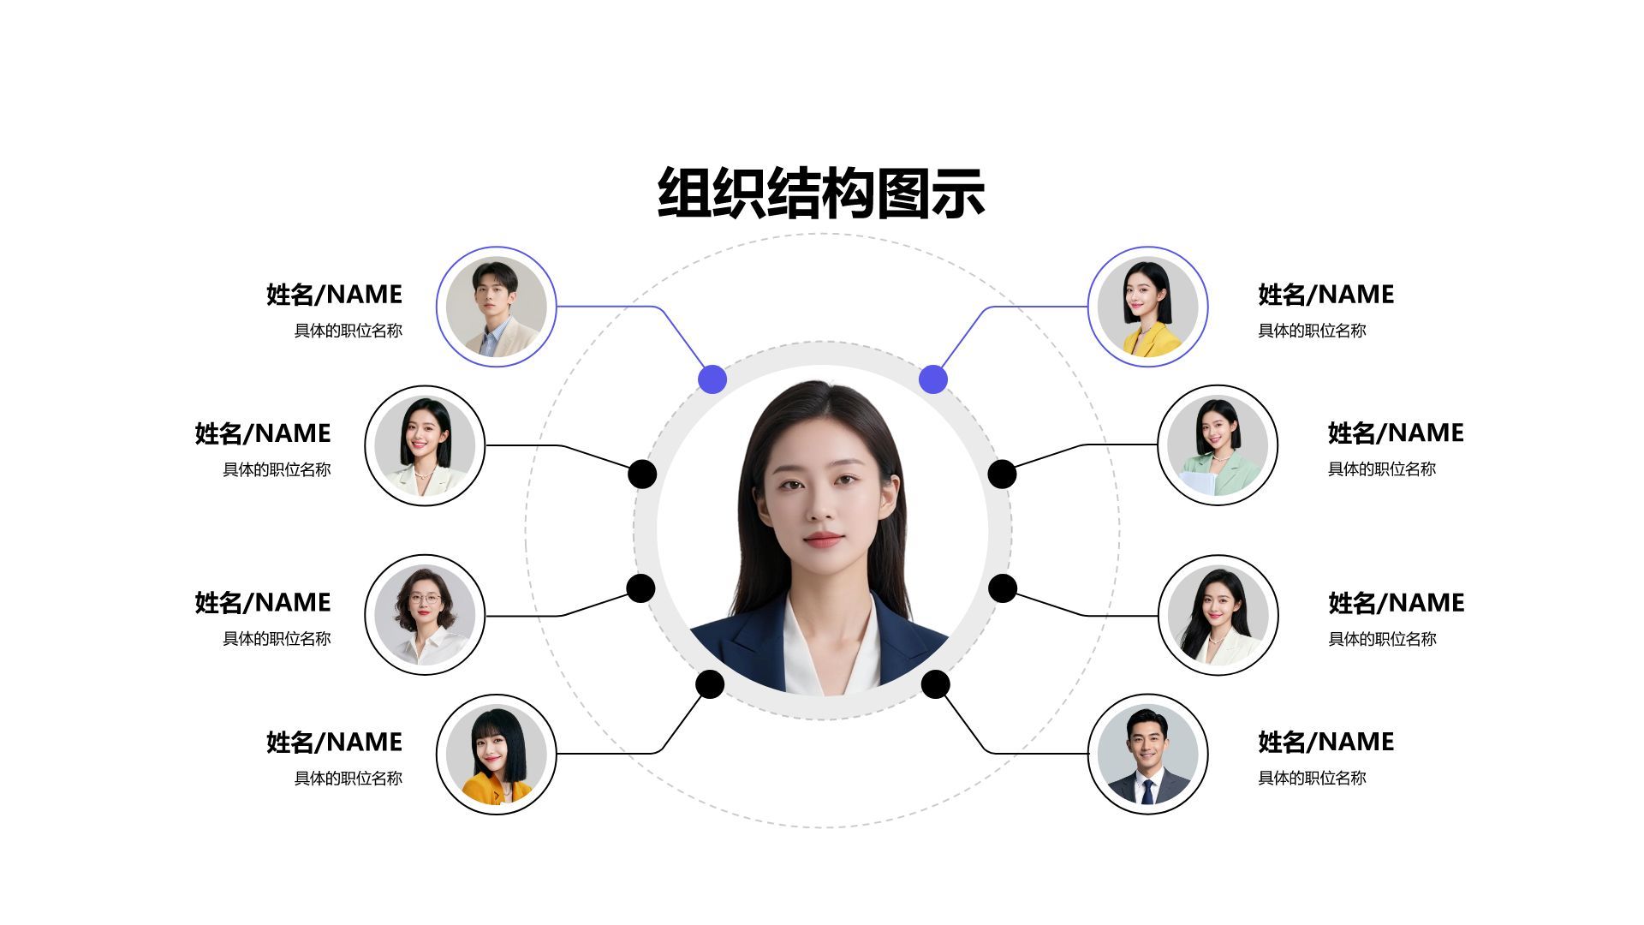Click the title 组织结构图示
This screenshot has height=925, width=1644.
tap(821, 193)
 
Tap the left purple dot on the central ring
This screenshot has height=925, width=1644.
tap(712, 379)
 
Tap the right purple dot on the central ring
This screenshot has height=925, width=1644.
tap(933, 379)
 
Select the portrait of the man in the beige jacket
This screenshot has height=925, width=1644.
tap(497, 307)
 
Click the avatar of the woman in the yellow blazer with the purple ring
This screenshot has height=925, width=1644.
tap(1147, 307)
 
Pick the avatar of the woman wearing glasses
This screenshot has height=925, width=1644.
tap(425, 615)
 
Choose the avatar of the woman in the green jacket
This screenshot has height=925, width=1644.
tap(1218, 445)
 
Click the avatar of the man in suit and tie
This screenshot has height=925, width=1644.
tap(1147, 754)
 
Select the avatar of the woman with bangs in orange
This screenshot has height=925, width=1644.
tap(497, 754)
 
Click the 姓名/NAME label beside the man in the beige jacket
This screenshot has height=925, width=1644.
tap(334, 295)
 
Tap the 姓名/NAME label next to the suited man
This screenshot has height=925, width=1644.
tap(1326, 742)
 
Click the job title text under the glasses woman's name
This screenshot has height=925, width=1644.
tap(277, 639)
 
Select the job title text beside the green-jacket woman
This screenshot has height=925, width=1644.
tap(1382, 469)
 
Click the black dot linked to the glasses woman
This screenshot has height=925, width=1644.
tap(640, 588)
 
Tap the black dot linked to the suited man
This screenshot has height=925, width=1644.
tap(935, 684)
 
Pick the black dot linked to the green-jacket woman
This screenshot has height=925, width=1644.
tap(1002, 474)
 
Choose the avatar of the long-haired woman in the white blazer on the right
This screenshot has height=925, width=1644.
tap(1218, 615)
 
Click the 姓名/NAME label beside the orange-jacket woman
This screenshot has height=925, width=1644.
tap(334, 742)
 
